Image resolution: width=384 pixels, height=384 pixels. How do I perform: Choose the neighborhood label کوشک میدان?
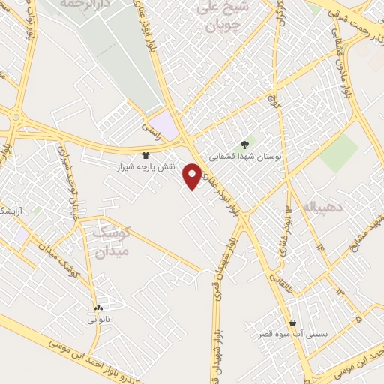(x=113, y=242)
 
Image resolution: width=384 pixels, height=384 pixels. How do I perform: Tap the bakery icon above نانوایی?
(x=98, y=308)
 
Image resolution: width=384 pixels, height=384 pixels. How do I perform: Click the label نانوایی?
(x=98, y=319)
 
